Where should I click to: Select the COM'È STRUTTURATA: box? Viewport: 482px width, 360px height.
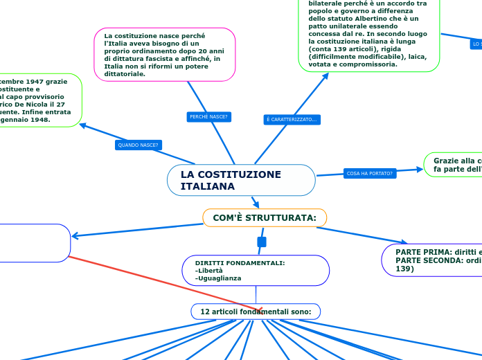[264, 217]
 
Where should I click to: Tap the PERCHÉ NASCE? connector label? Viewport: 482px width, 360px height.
[208, 116]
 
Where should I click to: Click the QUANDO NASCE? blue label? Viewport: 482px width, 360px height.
[138, 145]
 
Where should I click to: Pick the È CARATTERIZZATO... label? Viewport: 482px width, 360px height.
[292, 120]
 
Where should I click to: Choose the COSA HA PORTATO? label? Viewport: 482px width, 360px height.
[369, 173]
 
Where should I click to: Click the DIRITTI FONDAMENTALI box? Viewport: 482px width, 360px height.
[256, 270]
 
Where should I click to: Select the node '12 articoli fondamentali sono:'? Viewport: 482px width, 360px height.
[255, 312]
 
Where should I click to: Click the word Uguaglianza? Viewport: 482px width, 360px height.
[220, 278]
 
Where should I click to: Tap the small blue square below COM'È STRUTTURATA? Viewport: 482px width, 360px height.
[261, 242]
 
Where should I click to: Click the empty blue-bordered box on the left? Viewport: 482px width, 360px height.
[35, 242]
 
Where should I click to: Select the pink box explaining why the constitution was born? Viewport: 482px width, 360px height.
[164, 54]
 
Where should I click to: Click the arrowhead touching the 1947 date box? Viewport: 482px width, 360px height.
[83, 125]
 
